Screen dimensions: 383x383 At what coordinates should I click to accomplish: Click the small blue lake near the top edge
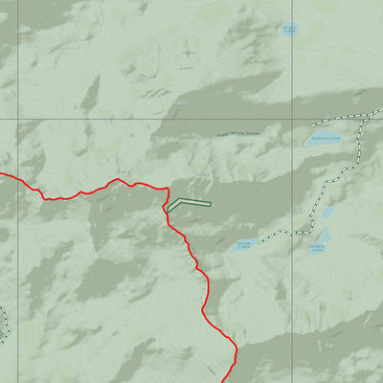point(289,30)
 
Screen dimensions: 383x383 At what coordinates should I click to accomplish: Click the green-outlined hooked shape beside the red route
point(187,203)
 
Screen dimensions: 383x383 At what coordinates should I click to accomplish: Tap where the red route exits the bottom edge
point(236,380)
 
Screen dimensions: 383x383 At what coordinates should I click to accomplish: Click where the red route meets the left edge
point(2,175)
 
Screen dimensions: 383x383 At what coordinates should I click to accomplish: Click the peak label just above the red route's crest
point(122,171)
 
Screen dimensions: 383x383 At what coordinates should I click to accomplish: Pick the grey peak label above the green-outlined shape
point(201,173)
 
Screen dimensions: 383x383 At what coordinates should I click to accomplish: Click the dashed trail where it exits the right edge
point(380,113)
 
